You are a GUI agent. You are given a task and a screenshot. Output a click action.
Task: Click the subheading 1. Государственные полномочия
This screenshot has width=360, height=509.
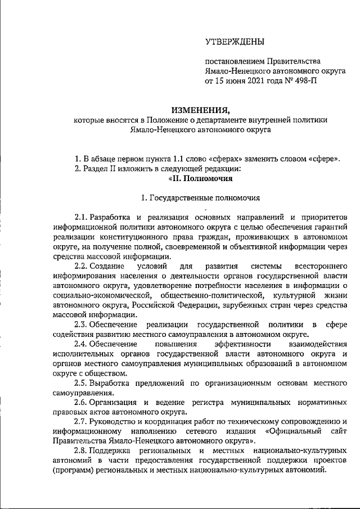pyautogui.click(x=201, y=198)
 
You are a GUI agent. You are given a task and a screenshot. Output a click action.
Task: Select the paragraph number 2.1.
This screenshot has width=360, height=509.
pyautogui.click(x=81, y=217)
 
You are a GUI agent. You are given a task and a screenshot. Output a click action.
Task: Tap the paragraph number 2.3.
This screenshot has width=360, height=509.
pyautogui.click(x=81, y=325)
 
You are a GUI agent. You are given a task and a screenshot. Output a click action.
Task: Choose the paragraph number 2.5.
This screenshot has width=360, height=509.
pyautogui.click(x=81, y=383)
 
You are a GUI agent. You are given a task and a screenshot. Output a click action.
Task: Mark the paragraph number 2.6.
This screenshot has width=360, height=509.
pyautogui.click(x=81, y=403)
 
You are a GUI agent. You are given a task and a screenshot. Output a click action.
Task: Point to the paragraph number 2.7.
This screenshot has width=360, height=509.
pyautogui.click(x=81, y=421)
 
